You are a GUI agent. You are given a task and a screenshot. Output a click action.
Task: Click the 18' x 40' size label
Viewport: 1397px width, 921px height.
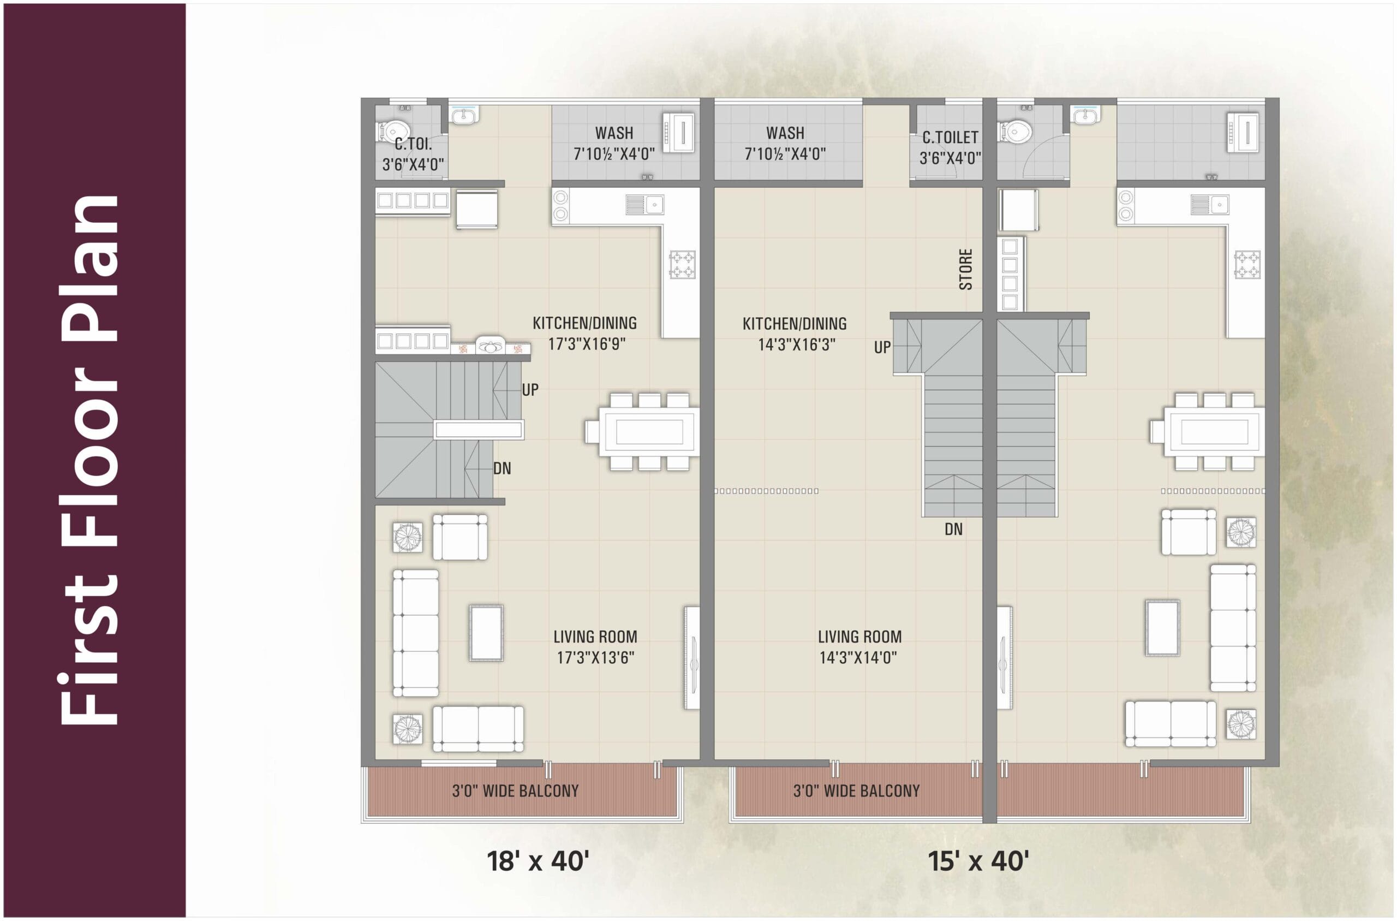(538, 861)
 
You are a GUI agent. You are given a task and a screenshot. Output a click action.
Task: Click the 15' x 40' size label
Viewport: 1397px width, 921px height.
(978, 861)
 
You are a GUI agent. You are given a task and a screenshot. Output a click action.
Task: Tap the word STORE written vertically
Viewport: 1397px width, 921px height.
(965, 270)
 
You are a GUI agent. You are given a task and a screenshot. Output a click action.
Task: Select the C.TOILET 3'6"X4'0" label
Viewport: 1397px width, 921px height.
(950, 147)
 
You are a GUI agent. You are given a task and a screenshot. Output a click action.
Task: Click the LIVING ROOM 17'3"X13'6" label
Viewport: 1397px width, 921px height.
(595, 647)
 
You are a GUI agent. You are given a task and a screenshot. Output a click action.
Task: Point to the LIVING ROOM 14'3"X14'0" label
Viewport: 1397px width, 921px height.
(859, 647)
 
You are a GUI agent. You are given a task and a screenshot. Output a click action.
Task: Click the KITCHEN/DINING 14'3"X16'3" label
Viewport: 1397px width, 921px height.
(795, 334)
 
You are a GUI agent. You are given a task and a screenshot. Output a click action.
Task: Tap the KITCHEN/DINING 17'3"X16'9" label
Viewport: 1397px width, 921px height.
(584, 333)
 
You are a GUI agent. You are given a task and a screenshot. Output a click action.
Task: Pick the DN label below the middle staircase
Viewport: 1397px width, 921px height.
(953, 529)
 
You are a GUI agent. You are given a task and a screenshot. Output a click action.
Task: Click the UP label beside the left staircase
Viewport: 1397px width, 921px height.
(530, 389)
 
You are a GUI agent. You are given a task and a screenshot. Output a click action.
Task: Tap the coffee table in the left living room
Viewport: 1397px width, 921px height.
(486, 633)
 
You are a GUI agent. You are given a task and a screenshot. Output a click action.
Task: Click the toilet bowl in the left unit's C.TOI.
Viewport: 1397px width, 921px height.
(393, 131)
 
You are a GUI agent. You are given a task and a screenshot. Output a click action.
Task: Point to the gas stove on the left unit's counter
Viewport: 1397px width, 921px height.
(682, 264)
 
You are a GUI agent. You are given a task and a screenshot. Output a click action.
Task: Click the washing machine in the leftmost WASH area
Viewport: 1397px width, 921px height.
(681, 132)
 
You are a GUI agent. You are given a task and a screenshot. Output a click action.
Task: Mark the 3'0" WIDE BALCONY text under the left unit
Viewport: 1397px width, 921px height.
(515, 791)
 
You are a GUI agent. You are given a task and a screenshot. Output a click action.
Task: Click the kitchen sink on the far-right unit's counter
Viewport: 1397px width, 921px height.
(1209, 204)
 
